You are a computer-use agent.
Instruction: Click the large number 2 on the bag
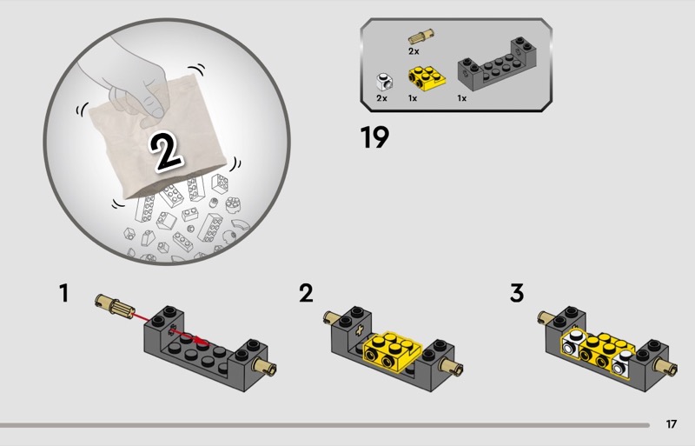click(165, 151)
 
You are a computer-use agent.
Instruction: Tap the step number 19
click(374, 137)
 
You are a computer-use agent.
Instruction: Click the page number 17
click(671, 424)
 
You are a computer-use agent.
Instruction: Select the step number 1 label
click(64, 293)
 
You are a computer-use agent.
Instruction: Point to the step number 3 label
click(517, 293)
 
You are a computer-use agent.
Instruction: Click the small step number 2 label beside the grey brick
click(306, 293)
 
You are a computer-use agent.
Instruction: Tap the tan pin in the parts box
click(421, 37)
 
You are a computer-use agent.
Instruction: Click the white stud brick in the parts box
click(384, 81)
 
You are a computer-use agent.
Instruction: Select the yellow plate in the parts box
click(427, 78)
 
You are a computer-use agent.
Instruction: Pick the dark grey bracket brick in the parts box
click(498, 65)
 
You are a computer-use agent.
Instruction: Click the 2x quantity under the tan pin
click(414, 51)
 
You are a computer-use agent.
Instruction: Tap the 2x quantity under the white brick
click(381, 98)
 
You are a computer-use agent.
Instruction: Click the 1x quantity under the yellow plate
click(412, 98)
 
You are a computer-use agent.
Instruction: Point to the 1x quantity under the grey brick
click(462, 98)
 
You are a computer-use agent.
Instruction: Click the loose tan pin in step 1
click(115, 306)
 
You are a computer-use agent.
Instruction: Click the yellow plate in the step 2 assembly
click(392, 352)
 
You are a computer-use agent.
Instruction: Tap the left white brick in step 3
click(573, 343)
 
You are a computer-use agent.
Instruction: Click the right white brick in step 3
click(623, 363)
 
